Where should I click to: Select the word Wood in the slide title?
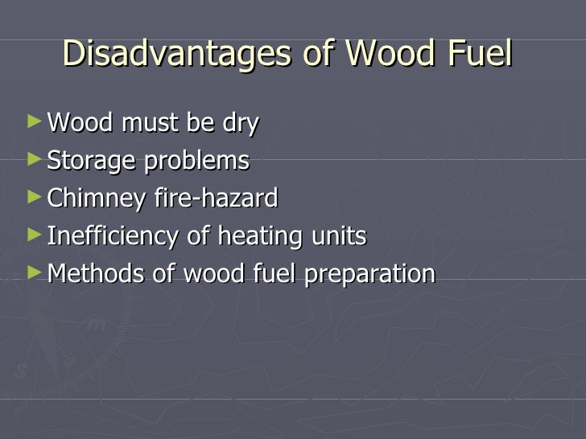pyautogui.click(x=387, y=54)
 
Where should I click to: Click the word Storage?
pyautogui.click(x=91, y=162)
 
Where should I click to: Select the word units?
pyautogui.click(x=339, y=236)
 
